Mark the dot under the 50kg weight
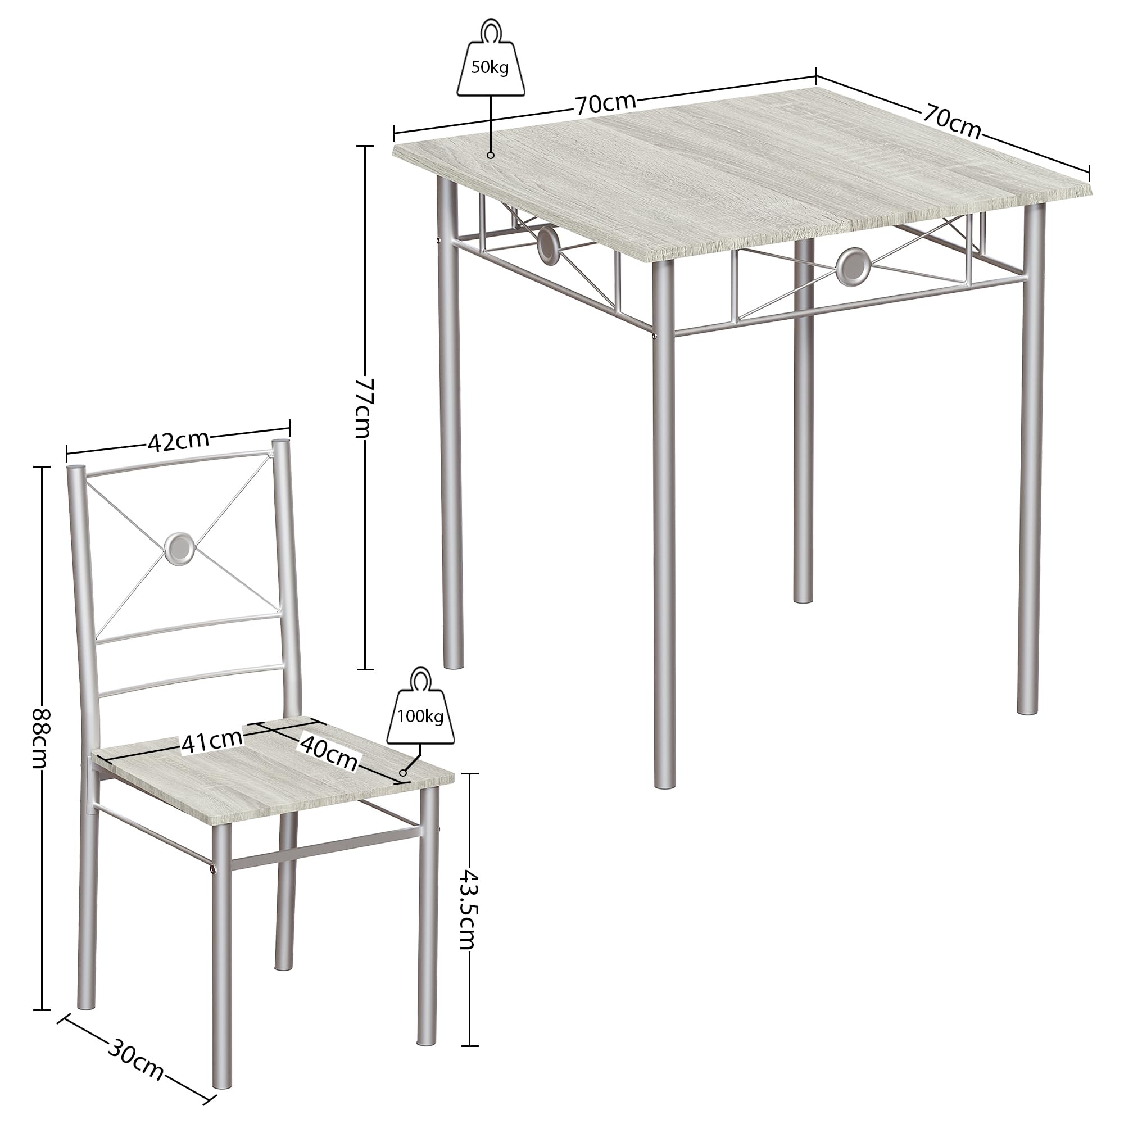(491, 155)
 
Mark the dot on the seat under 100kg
(402, 773)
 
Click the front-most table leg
(664, 524)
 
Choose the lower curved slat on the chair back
(194, 681)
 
